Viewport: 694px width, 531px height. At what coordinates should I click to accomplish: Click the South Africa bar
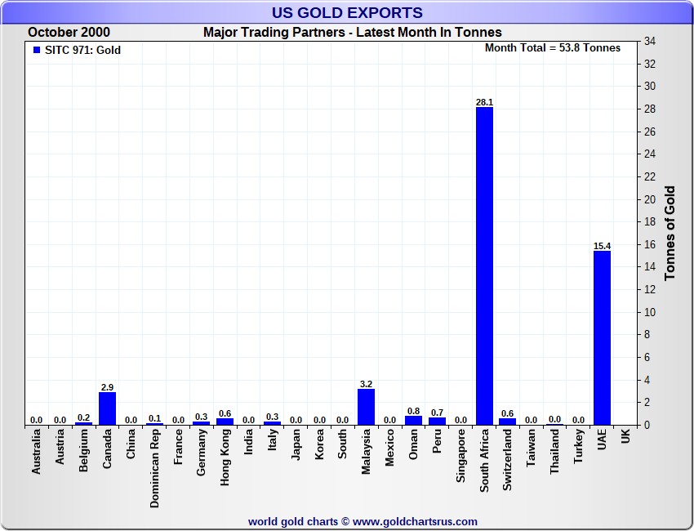point(484,265)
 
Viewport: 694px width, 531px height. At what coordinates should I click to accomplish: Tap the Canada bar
point(107,408)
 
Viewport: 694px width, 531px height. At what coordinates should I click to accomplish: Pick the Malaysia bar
point(366,407)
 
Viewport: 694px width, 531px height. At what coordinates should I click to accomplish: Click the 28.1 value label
point(484,102)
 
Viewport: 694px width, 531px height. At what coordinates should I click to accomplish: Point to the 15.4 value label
point(602,246)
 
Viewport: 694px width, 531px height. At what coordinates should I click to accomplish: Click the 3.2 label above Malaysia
point(366,384)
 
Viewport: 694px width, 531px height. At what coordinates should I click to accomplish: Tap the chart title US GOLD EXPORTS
point(347,12)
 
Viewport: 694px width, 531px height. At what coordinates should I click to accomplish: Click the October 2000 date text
point(69,33)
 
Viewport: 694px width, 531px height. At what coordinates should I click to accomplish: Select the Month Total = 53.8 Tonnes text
point(553,47)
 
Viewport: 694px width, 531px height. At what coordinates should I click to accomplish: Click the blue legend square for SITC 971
point(36,50)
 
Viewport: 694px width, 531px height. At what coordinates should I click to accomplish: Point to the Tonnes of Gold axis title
point(670,233)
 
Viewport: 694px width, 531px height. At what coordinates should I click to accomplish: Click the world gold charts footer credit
point(363,521)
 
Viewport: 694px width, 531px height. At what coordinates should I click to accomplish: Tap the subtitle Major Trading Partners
point(353,33)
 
